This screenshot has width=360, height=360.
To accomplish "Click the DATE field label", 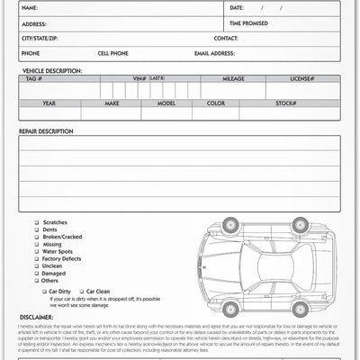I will pos(238,7).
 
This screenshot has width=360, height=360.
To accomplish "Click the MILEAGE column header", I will pos(233,78).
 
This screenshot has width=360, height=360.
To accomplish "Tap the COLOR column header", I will pos(216,103).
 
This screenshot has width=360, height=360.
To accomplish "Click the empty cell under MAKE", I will pos(112,116).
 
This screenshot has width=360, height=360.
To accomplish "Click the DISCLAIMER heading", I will pos(37,316).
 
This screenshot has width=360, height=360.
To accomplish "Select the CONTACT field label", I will pos(227,40).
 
